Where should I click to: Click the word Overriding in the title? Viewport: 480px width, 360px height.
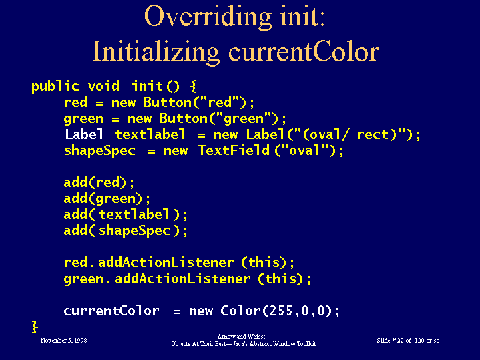(208, 17)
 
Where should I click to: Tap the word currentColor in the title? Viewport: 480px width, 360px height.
(304, 51)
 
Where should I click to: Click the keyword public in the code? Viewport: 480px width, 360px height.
(55, 86)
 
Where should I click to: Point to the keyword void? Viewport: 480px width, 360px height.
(103, 86)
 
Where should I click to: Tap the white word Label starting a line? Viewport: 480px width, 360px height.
(84, 134)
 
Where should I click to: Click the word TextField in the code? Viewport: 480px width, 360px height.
(234, 150)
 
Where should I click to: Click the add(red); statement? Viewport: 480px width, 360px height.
(99, 182)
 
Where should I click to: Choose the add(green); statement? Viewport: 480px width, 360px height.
(107, 198)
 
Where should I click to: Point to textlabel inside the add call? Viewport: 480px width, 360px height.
(134, 214)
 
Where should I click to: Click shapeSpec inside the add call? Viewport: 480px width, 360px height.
(134, 230)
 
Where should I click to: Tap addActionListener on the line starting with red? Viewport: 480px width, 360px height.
(166, 262)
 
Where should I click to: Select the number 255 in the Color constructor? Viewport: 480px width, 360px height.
(277, 311)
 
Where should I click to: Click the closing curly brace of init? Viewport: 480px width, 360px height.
(35, 327)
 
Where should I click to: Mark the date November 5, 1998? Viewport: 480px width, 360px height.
(63, 341)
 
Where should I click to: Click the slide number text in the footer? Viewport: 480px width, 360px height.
(408, 341)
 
